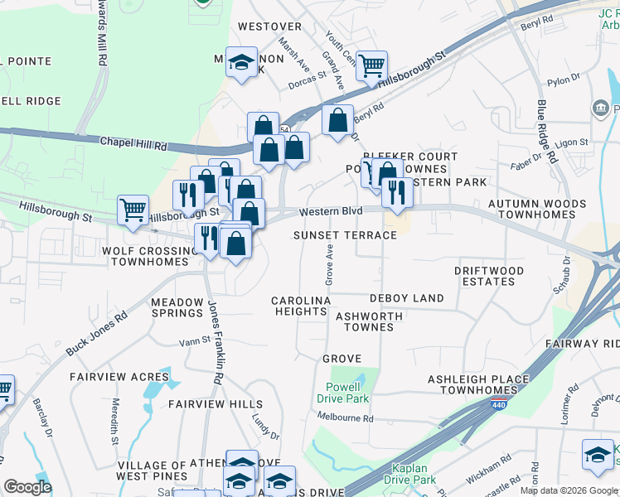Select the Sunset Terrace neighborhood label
(x=345, y=235)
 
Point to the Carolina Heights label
(x=302, y=306)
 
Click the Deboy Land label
(x=407, y=298)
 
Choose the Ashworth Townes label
(x=369, y=321)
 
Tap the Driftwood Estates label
(x=489, y=276)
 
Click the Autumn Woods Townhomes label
(x=531, y=208)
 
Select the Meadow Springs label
(x=177, y=307)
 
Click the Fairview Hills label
(x=204, y=404)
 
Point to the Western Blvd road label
(x=331, y=211)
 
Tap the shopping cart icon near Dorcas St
(x=372, y=65)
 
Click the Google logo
(x=28, y=487)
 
